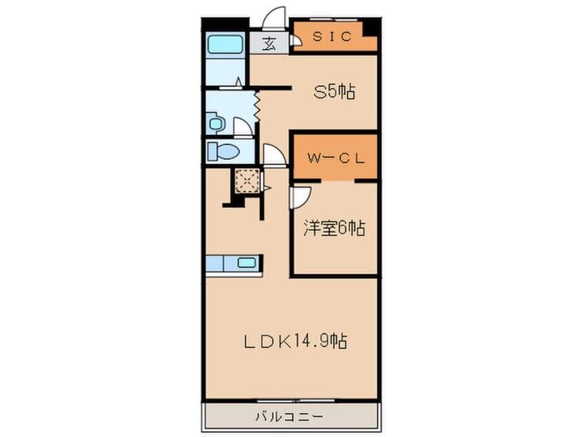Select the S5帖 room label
[334, 92]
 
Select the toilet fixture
[223, 151]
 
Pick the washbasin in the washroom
[216, 124]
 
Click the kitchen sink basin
[245, 263]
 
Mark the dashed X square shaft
[245, 181]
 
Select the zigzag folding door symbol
[256, 105]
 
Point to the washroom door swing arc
[243, 127]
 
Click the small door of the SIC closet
[295, 41]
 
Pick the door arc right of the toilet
[274, 155]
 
